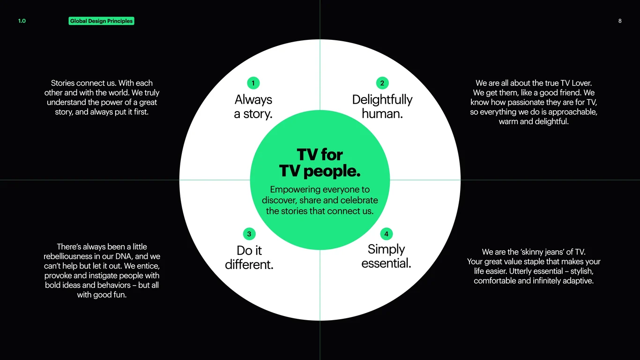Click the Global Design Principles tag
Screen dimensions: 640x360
click(101, 21)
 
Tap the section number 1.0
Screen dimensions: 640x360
click(22, 21)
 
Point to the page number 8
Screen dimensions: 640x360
click(620, 21)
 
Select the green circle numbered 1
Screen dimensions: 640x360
click(253, 83)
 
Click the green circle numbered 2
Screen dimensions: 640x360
click(382, 83)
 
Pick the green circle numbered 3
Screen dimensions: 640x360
click(249, 234)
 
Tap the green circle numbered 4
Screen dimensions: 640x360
click(386, 234)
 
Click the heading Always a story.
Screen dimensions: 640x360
click(253, 107)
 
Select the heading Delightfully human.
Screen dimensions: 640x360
click(382, 107)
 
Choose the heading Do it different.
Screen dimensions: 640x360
click(249, 257)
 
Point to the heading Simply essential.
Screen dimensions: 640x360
click(386, 256)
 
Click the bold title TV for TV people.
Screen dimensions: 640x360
click(320, 163)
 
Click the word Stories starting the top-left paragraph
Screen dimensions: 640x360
click(62, 83)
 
